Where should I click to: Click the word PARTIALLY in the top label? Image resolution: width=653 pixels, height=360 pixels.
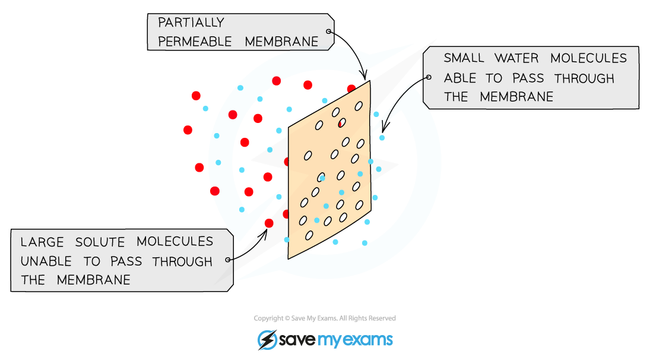pos(191,22)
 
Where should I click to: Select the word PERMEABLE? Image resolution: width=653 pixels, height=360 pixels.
pos(195,42)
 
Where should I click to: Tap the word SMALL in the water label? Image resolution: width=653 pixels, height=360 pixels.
pos(464,58)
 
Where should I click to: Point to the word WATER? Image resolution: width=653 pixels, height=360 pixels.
pos(516,58)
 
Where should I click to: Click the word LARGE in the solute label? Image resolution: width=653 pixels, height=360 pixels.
pos(42,242)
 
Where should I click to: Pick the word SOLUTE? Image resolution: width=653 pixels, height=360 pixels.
pos(100,242)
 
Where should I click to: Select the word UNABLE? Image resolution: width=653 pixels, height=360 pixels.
pos(46,261)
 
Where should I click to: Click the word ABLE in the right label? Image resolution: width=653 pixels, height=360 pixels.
pos(459,78)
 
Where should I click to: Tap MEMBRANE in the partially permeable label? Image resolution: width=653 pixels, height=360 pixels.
pos(281,42)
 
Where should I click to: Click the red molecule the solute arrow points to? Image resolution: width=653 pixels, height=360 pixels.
pos(269,223)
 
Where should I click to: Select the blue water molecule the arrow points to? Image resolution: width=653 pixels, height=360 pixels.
pos(382,137)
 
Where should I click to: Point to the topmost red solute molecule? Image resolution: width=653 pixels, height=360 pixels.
pos(276,81)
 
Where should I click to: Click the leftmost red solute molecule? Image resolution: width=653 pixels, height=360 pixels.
pos(188,130)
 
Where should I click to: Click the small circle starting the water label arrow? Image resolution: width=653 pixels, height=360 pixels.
pos(429,77)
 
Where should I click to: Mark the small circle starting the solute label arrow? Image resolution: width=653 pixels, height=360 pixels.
pos(228,260)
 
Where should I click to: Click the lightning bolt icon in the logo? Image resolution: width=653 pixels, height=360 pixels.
pos(267,340)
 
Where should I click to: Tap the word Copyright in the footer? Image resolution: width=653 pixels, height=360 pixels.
pos(267,318)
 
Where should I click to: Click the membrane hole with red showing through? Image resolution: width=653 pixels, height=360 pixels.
pos(342,123)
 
